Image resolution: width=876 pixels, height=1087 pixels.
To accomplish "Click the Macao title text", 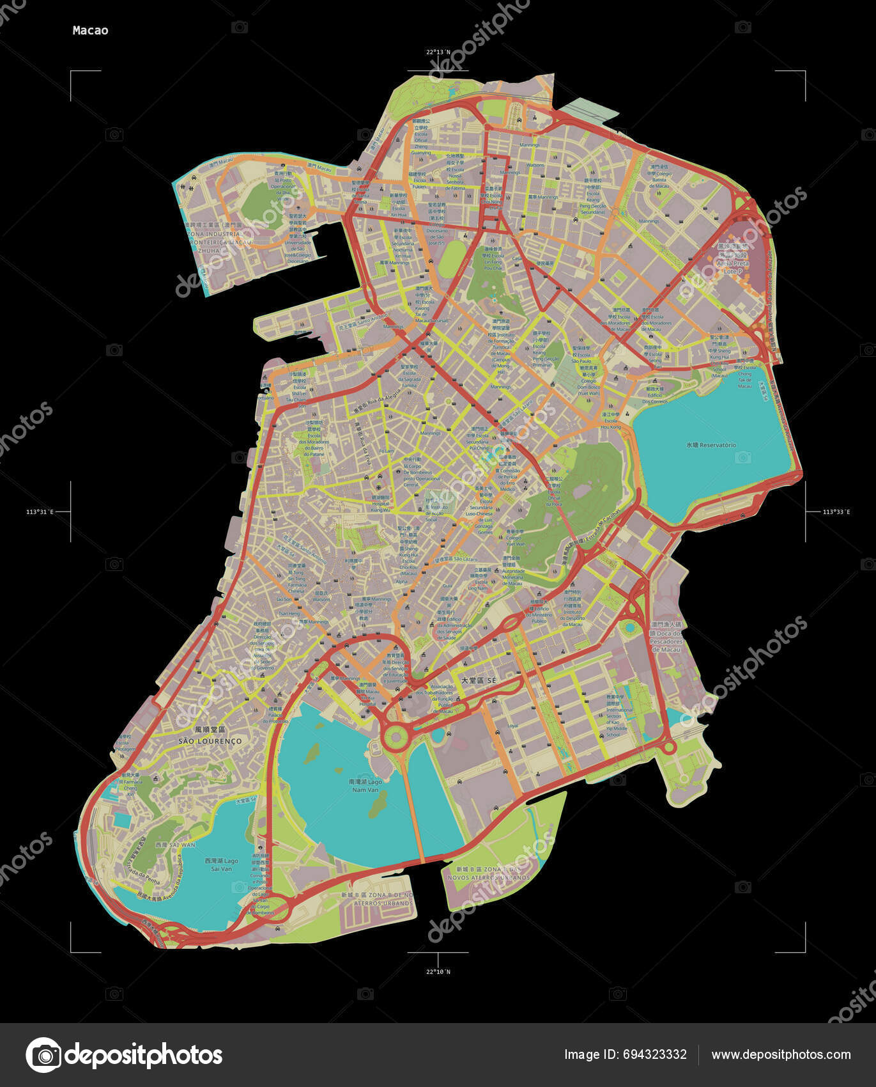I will pyautogui.click(x=90, y=30).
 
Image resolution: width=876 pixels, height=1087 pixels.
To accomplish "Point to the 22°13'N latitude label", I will pyautogui.click(x=438, y=52).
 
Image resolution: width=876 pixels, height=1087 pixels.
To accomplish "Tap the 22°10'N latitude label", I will pyautogui.click(x=438, y=971).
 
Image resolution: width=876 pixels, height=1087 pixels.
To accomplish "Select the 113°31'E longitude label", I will pyautogui.click(x=40, y=512).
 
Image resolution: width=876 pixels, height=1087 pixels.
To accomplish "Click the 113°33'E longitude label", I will pyautogui.click(x=836, y=512).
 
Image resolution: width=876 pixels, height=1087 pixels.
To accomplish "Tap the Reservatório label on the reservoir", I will pyautogui.click(x=711, y=445).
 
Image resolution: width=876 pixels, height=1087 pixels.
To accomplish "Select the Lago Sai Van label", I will pyautogui.click(x=221, y=864).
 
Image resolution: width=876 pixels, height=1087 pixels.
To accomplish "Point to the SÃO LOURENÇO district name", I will pyautogui.click(x=210, y=740).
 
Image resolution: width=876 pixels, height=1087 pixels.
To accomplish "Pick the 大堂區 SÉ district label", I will pyautogui.click(x=473, y=681).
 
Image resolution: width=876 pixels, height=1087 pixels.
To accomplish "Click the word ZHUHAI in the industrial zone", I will pyautogui.click(x=209, y=251).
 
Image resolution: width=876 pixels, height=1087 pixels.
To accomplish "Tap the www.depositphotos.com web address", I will pyautogui.click(x=781, y=1054).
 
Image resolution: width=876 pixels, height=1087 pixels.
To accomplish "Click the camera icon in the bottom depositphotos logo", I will pyautogui.click(x=43, y=1055).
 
